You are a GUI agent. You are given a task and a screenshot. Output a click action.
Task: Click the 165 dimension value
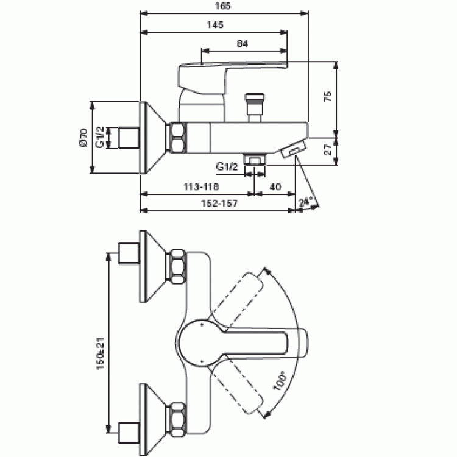(x=222, y=6)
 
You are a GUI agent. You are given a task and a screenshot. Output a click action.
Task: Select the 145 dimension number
(x=215, y=25)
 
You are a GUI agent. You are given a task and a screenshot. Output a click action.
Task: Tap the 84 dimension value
(x=242, y=44)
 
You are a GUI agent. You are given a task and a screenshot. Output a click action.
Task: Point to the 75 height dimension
(x=328, y=96)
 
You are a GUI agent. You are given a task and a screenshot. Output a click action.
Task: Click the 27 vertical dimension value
(x=328, y=149)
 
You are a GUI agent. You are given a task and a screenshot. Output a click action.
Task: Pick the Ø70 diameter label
(x=83, y=138)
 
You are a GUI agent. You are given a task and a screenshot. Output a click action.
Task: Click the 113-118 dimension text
(x=201, y=186)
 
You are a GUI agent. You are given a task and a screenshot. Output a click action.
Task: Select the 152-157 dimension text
(x=219, y=203)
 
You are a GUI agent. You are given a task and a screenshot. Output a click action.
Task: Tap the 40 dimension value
(x=275, y=186)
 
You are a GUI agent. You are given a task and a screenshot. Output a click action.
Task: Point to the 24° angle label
(x=305, y=202)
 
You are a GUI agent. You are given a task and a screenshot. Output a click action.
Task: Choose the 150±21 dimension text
(x=101, y=353)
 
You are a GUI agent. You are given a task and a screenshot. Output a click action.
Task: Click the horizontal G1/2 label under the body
(x=227, y=167)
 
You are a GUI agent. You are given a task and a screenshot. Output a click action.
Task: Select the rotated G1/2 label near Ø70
(x=100, y=137)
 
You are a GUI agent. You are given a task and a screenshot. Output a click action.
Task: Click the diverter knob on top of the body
(x=255, y=107)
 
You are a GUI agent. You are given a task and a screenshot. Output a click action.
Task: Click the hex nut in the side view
(x=178, y=138)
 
